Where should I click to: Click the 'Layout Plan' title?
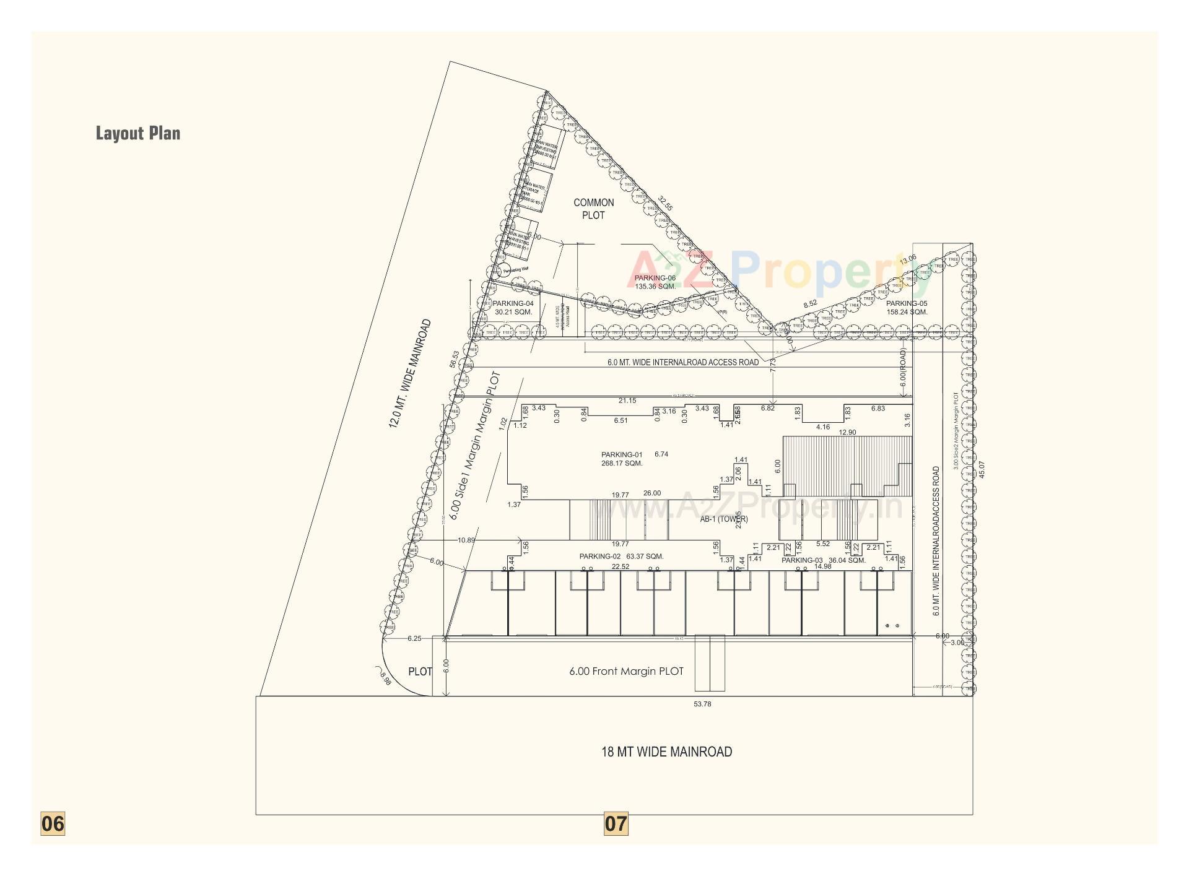pyautogui.click(x=138, y=133)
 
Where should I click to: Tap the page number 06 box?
pyautogui.click(x=53, y=823)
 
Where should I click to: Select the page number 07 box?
pyautogui.click(x=616, y=823)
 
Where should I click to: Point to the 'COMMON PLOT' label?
pyautogui.click(x=594, y=209)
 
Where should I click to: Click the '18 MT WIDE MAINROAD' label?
pyautogui.click(x=666, y=752)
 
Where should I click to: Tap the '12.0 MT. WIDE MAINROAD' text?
pyautogui.click(x=409, y=373)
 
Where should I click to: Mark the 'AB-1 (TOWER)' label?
pyautogui.click(x=724, y=519)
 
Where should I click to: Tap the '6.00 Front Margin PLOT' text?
pyautogui.click(x=626, y=671)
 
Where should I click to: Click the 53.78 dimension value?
pyautogui.click(x=702, y=704)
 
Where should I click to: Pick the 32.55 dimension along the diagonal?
pyautogui.click(x=665, y=203)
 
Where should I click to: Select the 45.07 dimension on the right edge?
pyautogui.click(x=980, y=469)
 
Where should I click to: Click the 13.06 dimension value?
pyautogui.click(x=908, y=260)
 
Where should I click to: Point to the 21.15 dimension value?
pyautogui.click(x=627, y=401)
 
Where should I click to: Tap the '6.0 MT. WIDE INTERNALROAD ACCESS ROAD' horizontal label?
pyautogui.click(x=683, y=362)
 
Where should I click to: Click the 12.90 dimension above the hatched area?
pyautogui.click(x=847, y=432)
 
